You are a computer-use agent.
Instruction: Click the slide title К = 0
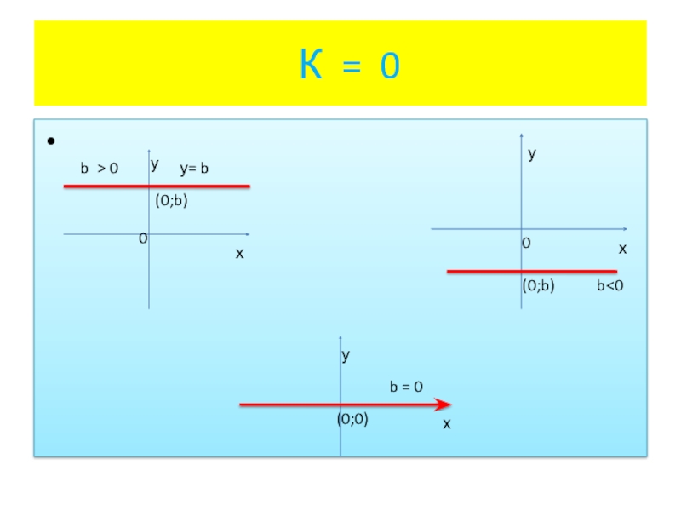pos(349,66)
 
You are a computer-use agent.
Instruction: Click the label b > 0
pos(100,169)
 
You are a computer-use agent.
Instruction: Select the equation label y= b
pos(194,169)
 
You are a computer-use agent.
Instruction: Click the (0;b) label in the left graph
pos(170,201)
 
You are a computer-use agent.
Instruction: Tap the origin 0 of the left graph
pos(143,239)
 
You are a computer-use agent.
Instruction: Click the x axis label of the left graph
pos(239,254)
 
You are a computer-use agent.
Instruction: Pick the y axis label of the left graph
pos(155,164)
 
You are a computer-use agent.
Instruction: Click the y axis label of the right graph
pos(532,154)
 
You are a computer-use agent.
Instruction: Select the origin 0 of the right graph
pos(526,244)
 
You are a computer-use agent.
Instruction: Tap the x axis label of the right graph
pos(622,249)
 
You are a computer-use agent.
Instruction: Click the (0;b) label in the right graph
pos(538,287)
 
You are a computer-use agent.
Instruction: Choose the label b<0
pos(610,287)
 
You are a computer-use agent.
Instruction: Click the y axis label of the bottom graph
pos(346,356)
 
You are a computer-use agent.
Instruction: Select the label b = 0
pos(407,387)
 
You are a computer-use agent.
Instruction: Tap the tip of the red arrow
pos(449,405)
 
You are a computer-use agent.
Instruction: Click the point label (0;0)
pos(352,419)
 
